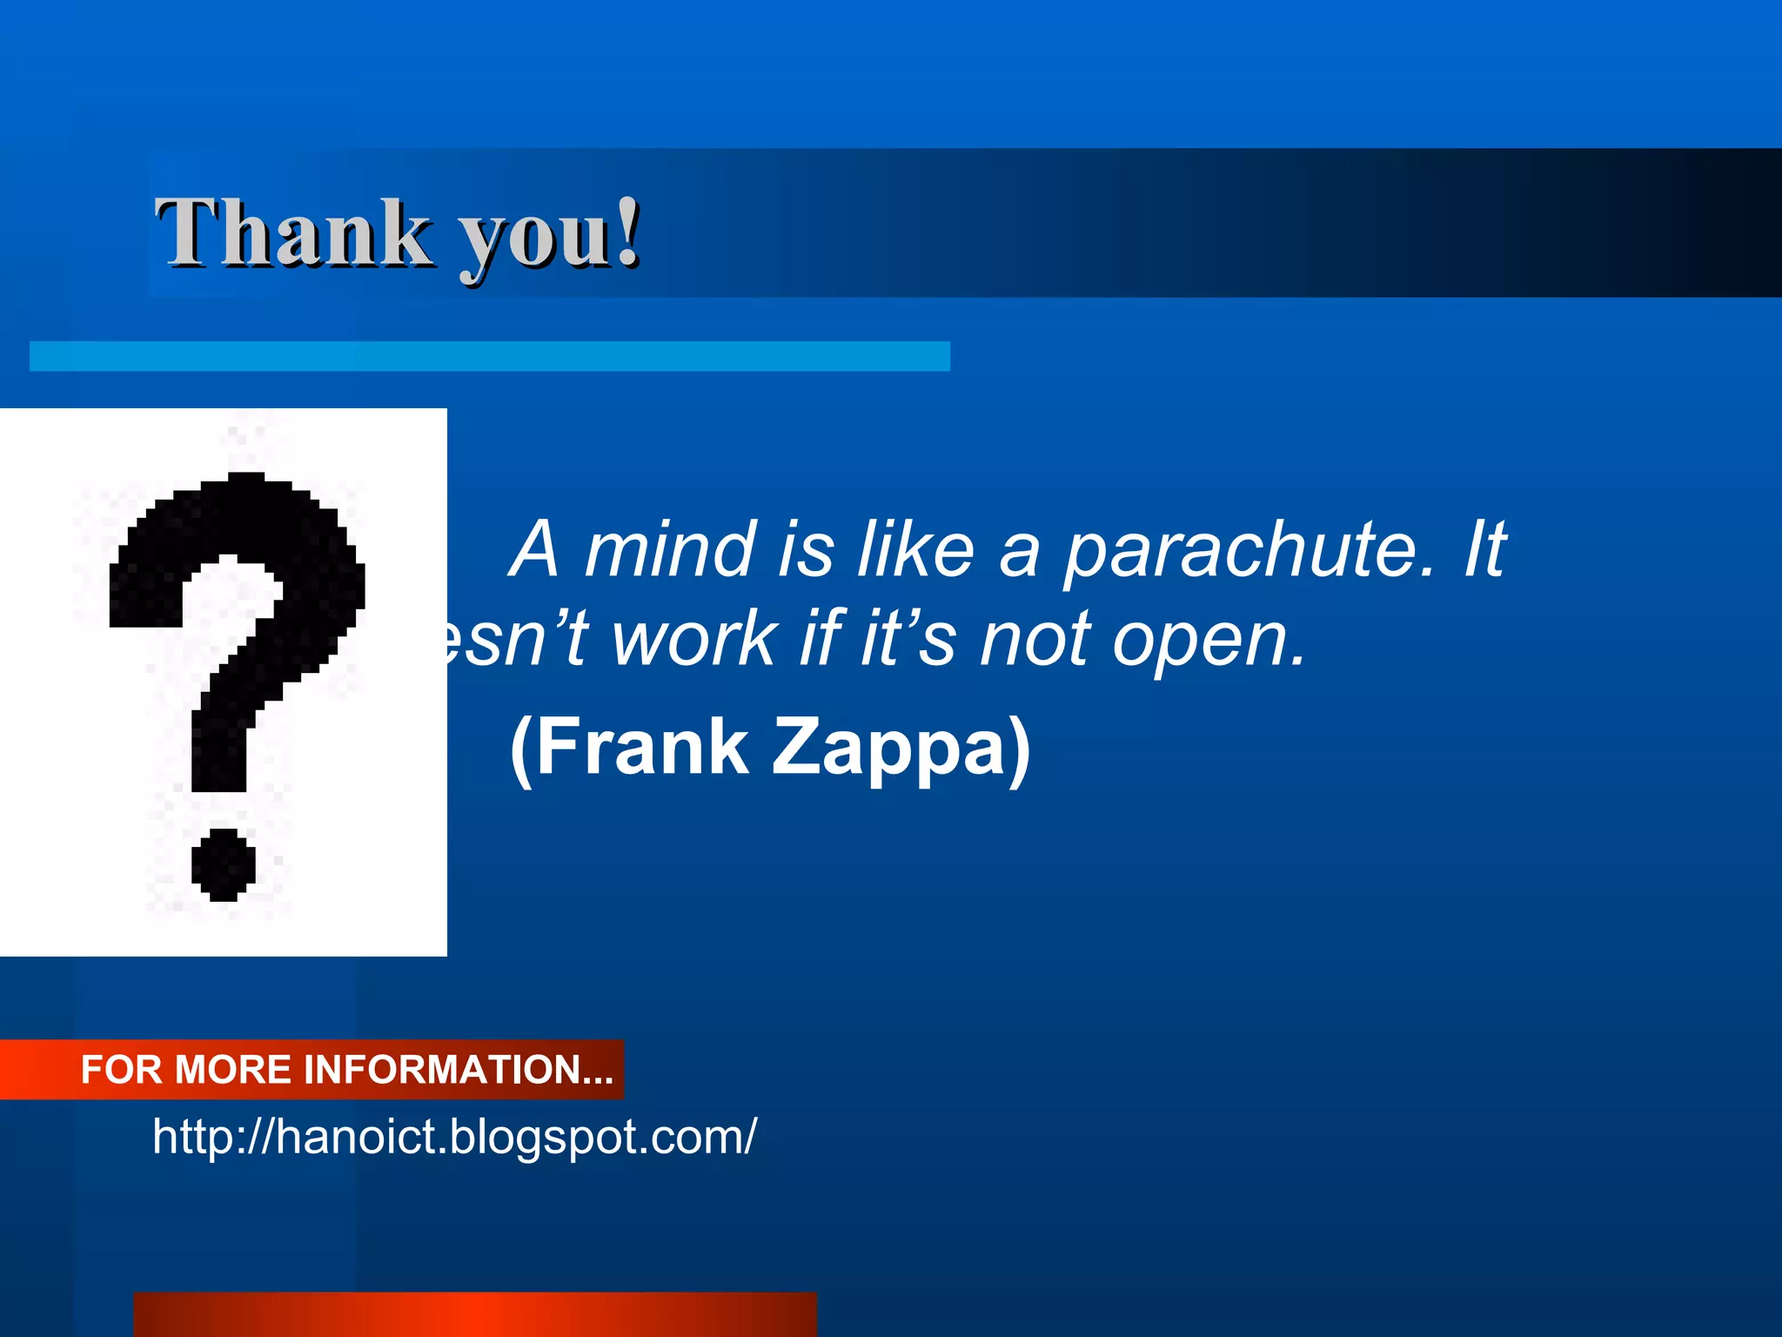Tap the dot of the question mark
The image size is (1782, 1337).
click(x=224, y=864)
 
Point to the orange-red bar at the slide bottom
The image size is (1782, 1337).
click(x=475, y=1314)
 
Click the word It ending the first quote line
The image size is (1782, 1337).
click(x=1484, y=549)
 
